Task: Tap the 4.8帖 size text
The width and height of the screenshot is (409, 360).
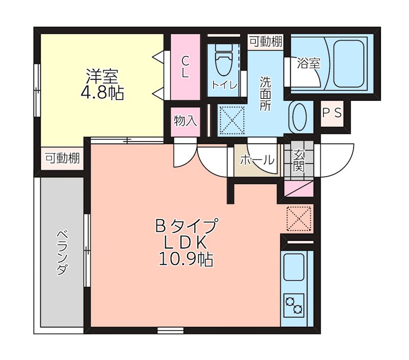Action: (x=102, y=93)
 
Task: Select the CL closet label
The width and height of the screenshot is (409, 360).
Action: (x=185, y=66)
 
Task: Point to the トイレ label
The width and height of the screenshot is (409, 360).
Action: (x=224, y=85)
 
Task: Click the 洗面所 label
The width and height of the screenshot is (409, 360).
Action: (x=265, y=94)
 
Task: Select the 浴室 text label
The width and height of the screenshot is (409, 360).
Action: (x=309, y=63)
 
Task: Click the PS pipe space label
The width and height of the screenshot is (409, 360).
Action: (x=332, y=114)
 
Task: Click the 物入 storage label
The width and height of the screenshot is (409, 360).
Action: (x=185, y=121)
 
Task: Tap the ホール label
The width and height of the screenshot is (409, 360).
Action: (x=257, y=160)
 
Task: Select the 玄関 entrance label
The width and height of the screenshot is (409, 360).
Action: (x=299, y=160)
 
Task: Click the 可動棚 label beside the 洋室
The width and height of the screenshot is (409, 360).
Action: (x=62, y=159)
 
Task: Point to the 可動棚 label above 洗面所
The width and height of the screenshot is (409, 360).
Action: (x=266, y=42)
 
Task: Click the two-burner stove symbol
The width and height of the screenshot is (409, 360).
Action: (x=294, y=305)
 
